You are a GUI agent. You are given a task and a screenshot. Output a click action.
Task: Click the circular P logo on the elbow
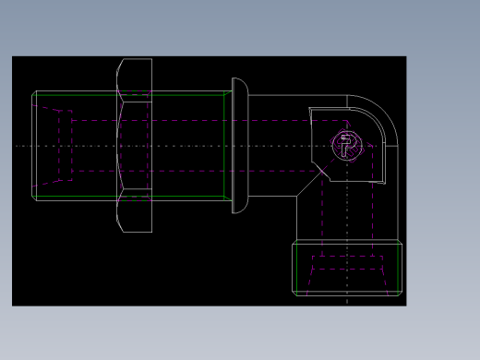[x=347, y=145]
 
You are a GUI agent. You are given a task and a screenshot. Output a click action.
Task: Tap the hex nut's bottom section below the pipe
[x=135, y=214]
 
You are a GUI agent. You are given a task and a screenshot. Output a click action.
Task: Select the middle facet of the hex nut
[x=135, y=145]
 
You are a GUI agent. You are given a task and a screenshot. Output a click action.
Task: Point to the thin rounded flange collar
[x=239, y=145]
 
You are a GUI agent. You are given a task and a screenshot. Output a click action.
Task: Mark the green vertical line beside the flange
[x=226, y=145]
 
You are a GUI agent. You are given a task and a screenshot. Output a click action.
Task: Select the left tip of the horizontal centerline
[x=17, y=146]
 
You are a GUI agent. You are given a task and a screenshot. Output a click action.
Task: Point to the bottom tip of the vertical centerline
[x=347, y=302]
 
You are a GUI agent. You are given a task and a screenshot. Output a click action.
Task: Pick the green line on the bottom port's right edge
[x=398, y=269]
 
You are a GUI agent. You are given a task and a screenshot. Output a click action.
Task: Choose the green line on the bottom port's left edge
[x=296, y=269]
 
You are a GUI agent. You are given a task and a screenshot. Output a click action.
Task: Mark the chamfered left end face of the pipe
[x=34, y=145]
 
